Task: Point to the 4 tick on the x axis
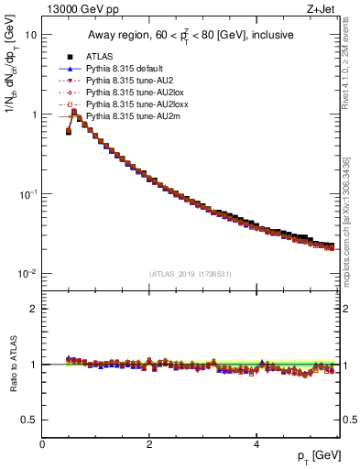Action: pyautogui.click(x=256, y=444)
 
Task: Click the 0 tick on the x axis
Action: pyautogui.click(x=42, y=444)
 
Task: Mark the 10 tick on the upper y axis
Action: pyautogui.click(x=31, y=35)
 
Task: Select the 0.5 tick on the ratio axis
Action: pyautogui.click(x=29, y=420)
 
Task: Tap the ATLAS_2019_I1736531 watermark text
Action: pyautogui.click(x=190, y=273)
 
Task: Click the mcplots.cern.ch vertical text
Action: pyautogui.click(x=353, y=229)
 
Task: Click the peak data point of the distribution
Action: pyautogui.click(x=74, y=113)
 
